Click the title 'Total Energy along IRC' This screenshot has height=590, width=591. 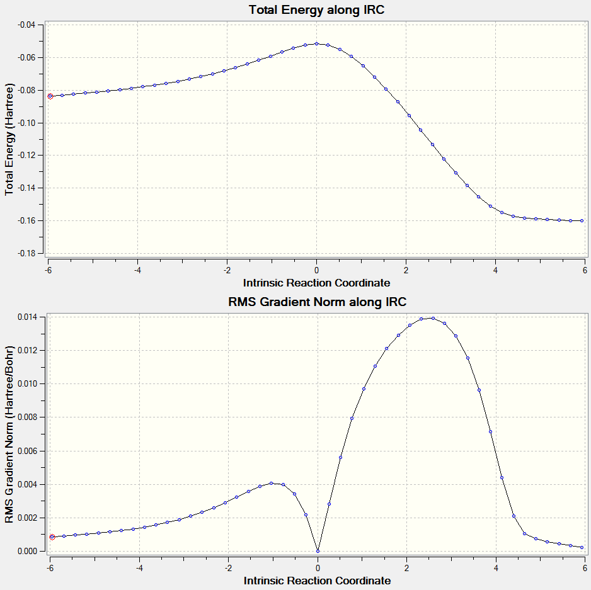(x=316, y=10)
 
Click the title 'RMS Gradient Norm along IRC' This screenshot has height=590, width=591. (x=318, y=302)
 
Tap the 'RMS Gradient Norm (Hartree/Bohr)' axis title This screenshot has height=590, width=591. (x=9, y=434)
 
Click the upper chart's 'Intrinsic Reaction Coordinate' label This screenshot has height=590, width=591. (x=317, y=282)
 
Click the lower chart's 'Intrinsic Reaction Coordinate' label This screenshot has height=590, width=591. (x=317, y=580)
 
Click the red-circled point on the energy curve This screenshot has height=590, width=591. (x=50, y=96)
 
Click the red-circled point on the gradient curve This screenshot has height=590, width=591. (x=52, y=537)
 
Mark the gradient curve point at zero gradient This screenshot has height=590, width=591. (x=318, y=551)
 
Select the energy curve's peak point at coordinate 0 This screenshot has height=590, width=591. (x=316, y=43)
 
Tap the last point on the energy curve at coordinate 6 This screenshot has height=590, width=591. (x=582, y=220)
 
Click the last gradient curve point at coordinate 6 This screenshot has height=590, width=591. (x=582, y=547)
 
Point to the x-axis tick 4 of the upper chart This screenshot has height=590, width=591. (x=495, y=270)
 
